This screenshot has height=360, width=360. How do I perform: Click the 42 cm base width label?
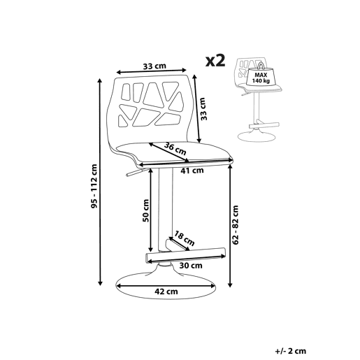point(166,291)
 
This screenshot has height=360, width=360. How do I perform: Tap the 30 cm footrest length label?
point(191,266)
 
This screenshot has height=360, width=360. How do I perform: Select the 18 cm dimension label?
point(185,238)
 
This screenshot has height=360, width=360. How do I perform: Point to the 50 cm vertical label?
point(146,210)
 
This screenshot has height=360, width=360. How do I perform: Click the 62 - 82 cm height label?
point(236,225)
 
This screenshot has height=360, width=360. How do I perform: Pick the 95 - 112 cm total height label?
point(94,186)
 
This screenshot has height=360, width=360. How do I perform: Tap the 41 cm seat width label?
point(192,171)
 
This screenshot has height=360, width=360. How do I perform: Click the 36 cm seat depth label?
point(175,149)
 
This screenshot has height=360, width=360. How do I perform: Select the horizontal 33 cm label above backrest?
point(154,66)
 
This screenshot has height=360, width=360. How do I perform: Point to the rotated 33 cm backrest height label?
point(203,109)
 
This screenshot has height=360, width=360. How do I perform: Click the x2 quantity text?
point(215,61)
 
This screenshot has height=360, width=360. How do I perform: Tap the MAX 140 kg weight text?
point(261,78)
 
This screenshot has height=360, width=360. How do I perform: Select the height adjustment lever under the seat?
point(135,173)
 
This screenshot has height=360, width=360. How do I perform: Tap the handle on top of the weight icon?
point(261,65)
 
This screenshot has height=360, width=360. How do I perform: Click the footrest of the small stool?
point(264,125)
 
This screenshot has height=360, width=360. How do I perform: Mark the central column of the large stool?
point(166,210)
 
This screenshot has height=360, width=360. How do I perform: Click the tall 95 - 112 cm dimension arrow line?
point(100,182)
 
